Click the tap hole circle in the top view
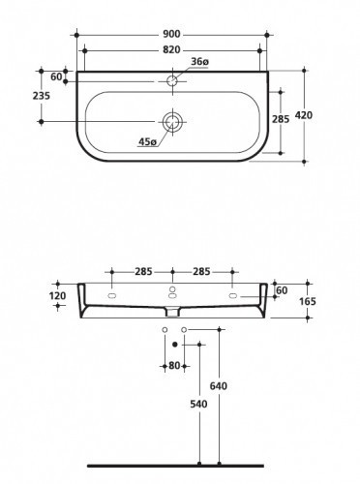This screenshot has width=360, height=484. pos(172,81)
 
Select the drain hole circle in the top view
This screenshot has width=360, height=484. pos(172,122)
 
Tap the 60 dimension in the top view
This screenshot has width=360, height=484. pos(55,76)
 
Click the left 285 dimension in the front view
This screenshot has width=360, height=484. pos(142,270)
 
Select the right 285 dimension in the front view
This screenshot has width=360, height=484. pos(202,270)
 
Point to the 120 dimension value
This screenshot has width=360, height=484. pos(57,294)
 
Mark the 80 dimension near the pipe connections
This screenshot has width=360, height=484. pos(174,366)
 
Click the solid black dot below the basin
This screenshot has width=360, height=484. pos(174,344)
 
